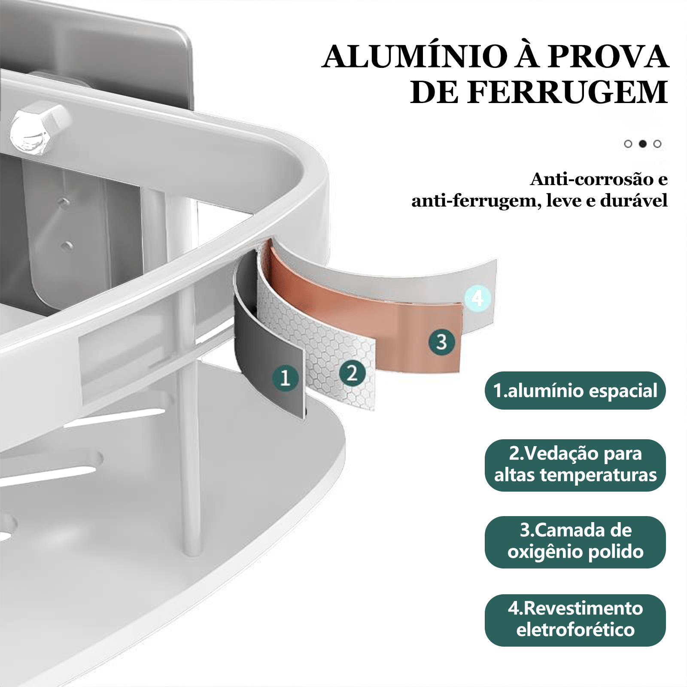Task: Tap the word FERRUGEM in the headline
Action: pyautogui.click(x=568, y=92)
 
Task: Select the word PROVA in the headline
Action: pyautogui.click(x=609, y=56)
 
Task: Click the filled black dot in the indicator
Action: pyautogui.click(x=642, y=144)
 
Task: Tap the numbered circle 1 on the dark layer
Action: pyautogui.click(x=285, y=378)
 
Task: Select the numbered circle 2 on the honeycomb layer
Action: pyautogui.click(x=352, y=373)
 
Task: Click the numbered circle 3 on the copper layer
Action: pyautogui.click(x=442, y=342)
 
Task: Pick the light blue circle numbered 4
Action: pyautogui.click(x=477, y=298)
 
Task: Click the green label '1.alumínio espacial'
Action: pyautogui.click(x=575, y=390)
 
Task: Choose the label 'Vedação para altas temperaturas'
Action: pyautogui.click(x=575, y=465)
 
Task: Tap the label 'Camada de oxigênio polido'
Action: pyautogui.click(x=575, y=542)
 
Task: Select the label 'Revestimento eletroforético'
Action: pyautogui.click(x=575, y=620)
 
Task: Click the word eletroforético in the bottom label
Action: pyautogui.click(x=575, y=630)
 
